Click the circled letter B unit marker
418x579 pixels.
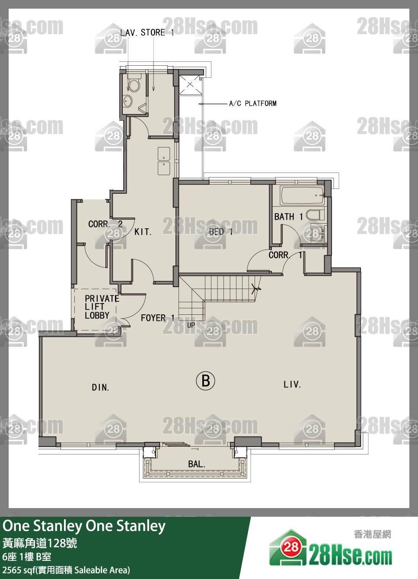(205, 381)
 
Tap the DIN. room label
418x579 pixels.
(100, 387)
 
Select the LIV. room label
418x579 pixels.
(292, 384)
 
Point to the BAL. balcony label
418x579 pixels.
(197, 464)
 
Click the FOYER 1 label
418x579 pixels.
(158, 318)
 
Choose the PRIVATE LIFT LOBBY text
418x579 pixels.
(102, 307)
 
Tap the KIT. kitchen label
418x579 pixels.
(143, 232)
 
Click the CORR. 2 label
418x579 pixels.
(105, 224)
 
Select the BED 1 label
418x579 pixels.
(221, 231)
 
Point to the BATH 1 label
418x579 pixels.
(289, 216)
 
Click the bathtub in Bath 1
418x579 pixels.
(302, 195)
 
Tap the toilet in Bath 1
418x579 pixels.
(315, 215)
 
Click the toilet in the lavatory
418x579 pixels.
(134, 83)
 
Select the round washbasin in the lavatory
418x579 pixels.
(128, 101)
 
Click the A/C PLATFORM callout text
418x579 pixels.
(253, 103)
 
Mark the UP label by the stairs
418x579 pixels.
(191, 325)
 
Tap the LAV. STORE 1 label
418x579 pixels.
(147, 32)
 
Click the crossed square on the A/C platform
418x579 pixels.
(190, 84)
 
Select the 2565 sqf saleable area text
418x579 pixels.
(66, 570)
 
